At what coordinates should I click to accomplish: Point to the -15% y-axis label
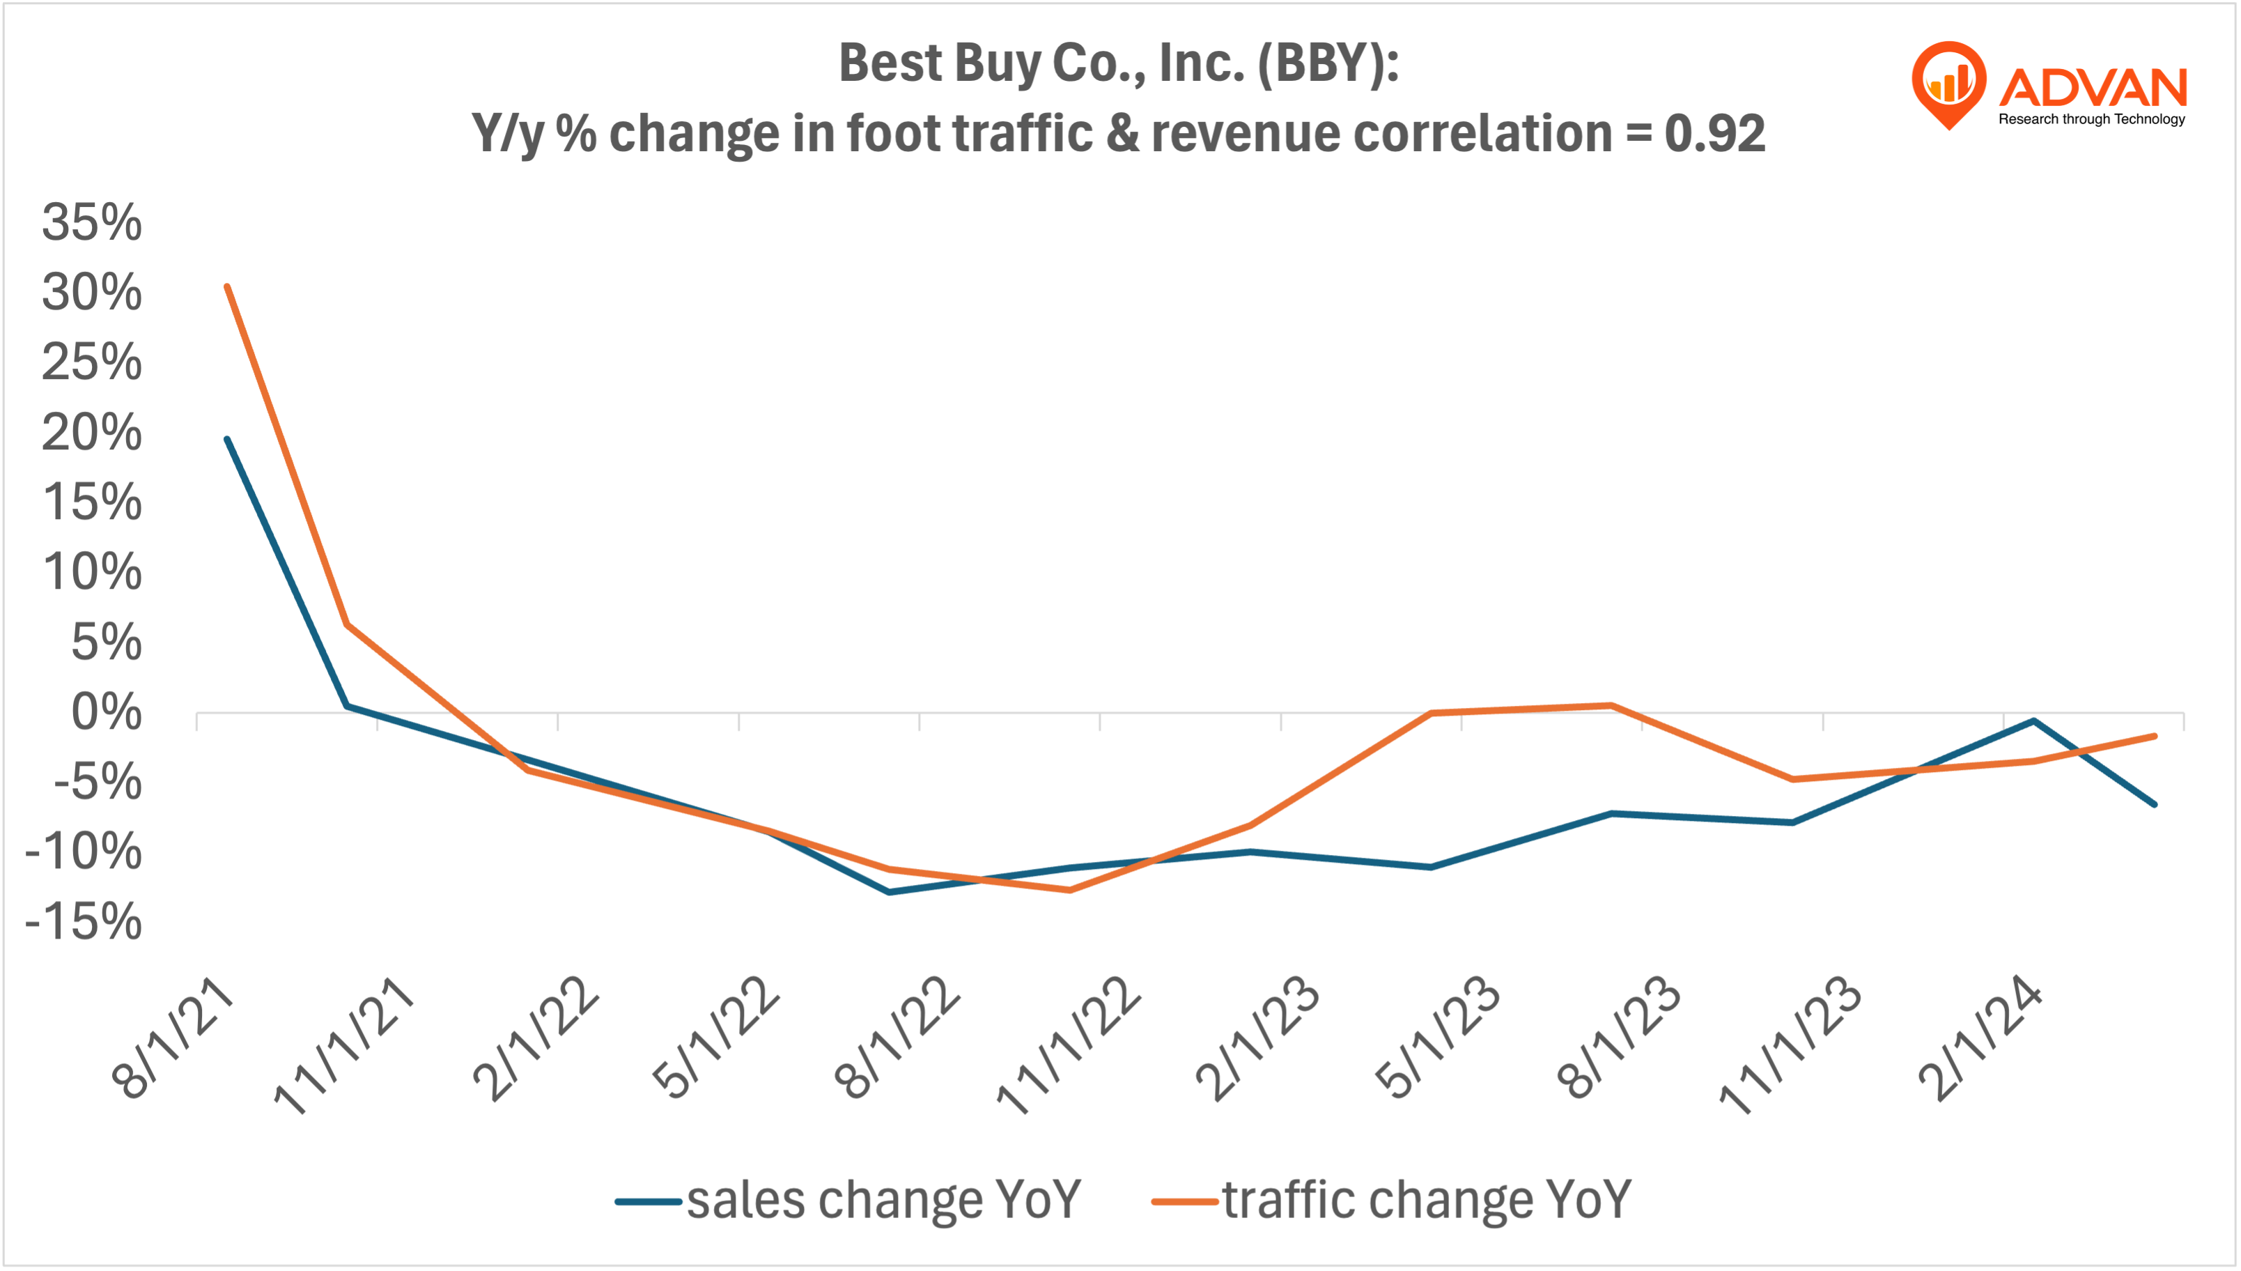click(84, 922)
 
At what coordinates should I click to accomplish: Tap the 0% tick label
click(106, 712)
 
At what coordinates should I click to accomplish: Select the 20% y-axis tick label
click(92, 433)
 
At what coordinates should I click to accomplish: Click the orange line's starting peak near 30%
click(227, 286)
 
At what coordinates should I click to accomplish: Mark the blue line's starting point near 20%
click(227, 439)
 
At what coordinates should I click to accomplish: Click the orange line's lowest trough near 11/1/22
click(1070, 891)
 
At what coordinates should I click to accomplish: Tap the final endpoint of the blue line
click(2155, 804)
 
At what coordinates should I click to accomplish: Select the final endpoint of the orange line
click(2155, 737)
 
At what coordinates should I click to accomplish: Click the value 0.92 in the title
click(1714, 134)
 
